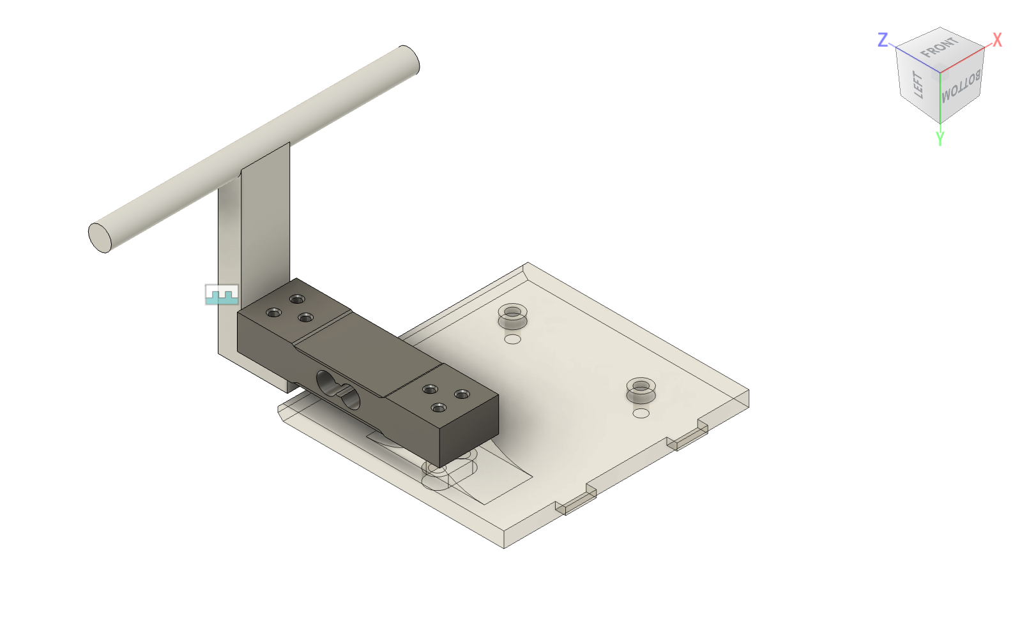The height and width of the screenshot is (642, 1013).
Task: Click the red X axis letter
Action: [997, 41]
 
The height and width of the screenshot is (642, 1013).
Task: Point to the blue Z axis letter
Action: [883, 40]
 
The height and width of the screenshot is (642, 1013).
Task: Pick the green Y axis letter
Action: [940, 138]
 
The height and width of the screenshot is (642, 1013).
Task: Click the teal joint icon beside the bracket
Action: [222, 295]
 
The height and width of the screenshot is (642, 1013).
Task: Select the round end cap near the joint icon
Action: [100, 238]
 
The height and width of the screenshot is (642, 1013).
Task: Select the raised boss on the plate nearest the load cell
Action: [512, 315]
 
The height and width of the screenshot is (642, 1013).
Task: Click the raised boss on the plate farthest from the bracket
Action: [641, 389]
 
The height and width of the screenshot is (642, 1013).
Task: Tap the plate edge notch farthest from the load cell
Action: [687, 438]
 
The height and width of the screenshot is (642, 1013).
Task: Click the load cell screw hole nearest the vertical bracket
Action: [274, 313]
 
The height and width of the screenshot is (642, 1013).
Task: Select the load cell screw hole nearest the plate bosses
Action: [462, 394]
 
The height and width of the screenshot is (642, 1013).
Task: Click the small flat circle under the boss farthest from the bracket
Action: [641, 414]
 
